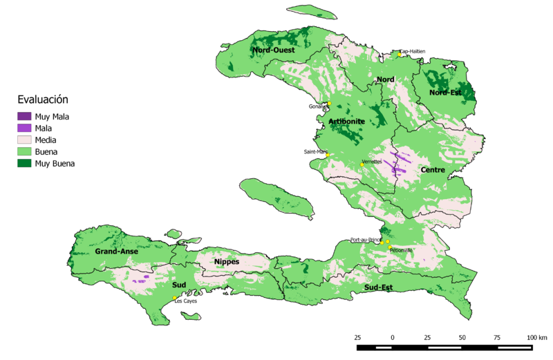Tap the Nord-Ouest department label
(274, 50)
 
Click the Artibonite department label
(347, 122)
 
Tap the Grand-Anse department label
(116, 252)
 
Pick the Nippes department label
(227, 262)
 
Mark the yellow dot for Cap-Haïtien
(399, 55)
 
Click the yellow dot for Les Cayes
(175, 298)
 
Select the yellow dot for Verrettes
(362, 164)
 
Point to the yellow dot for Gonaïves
(329, 103)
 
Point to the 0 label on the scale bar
(393, 337)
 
